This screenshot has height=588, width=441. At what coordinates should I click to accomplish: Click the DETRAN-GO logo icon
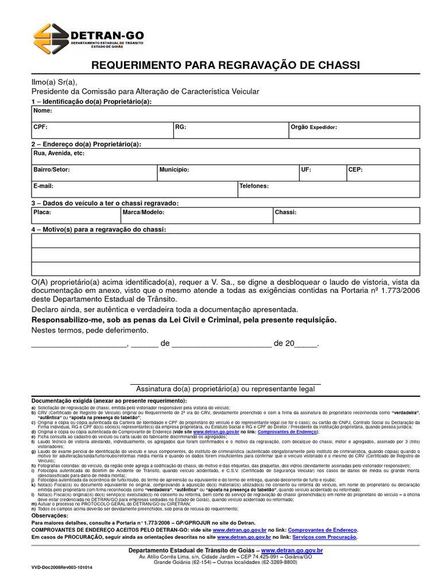[51, 38]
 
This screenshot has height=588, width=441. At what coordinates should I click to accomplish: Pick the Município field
[227, 173]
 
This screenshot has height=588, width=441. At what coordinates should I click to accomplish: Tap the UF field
[322, 173]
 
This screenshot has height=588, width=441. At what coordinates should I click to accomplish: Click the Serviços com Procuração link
[324, 537]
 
